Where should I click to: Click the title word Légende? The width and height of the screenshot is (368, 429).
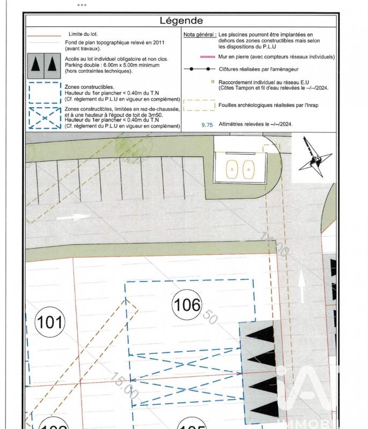pyautogui.click(x=181, y=21)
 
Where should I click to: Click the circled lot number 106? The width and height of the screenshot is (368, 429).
pyautogui.click(x=187, y=305)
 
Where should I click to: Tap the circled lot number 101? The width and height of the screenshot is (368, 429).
pyautogui.click(x=49, y=323)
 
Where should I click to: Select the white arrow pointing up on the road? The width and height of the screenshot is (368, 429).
pyautogui.click(x=301, y=287)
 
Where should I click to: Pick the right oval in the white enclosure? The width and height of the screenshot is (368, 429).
pyautogui.click(x=248, y=169)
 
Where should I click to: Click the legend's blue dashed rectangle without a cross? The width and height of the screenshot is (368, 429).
pyautogui.click(x=44, y=92)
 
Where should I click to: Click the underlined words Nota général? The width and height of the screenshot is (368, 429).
pyautogui.click(x=200, y=34)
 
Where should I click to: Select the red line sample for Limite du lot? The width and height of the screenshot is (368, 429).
pyautogui.click(x=44, y=34)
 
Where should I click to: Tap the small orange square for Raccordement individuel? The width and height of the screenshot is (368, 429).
pyautogui.click(x=213, y=82)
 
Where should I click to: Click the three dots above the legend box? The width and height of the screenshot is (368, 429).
pyautogui.click(x=82, y=5)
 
